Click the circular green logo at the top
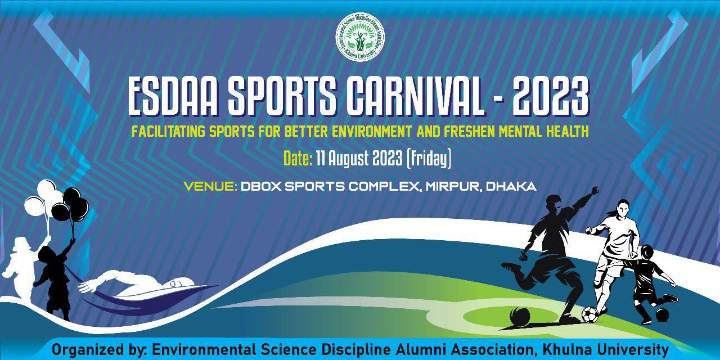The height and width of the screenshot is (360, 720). (x=360, y=37)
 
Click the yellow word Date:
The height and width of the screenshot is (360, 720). (x=298, y=158)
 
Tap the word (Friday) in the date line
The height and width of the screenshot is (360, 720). (x=429, y=159)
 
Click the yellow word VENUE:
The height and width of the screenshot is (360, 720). (x=210, y=186)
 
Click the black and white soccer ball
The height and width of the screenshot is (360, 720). (x=590, y=314)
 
